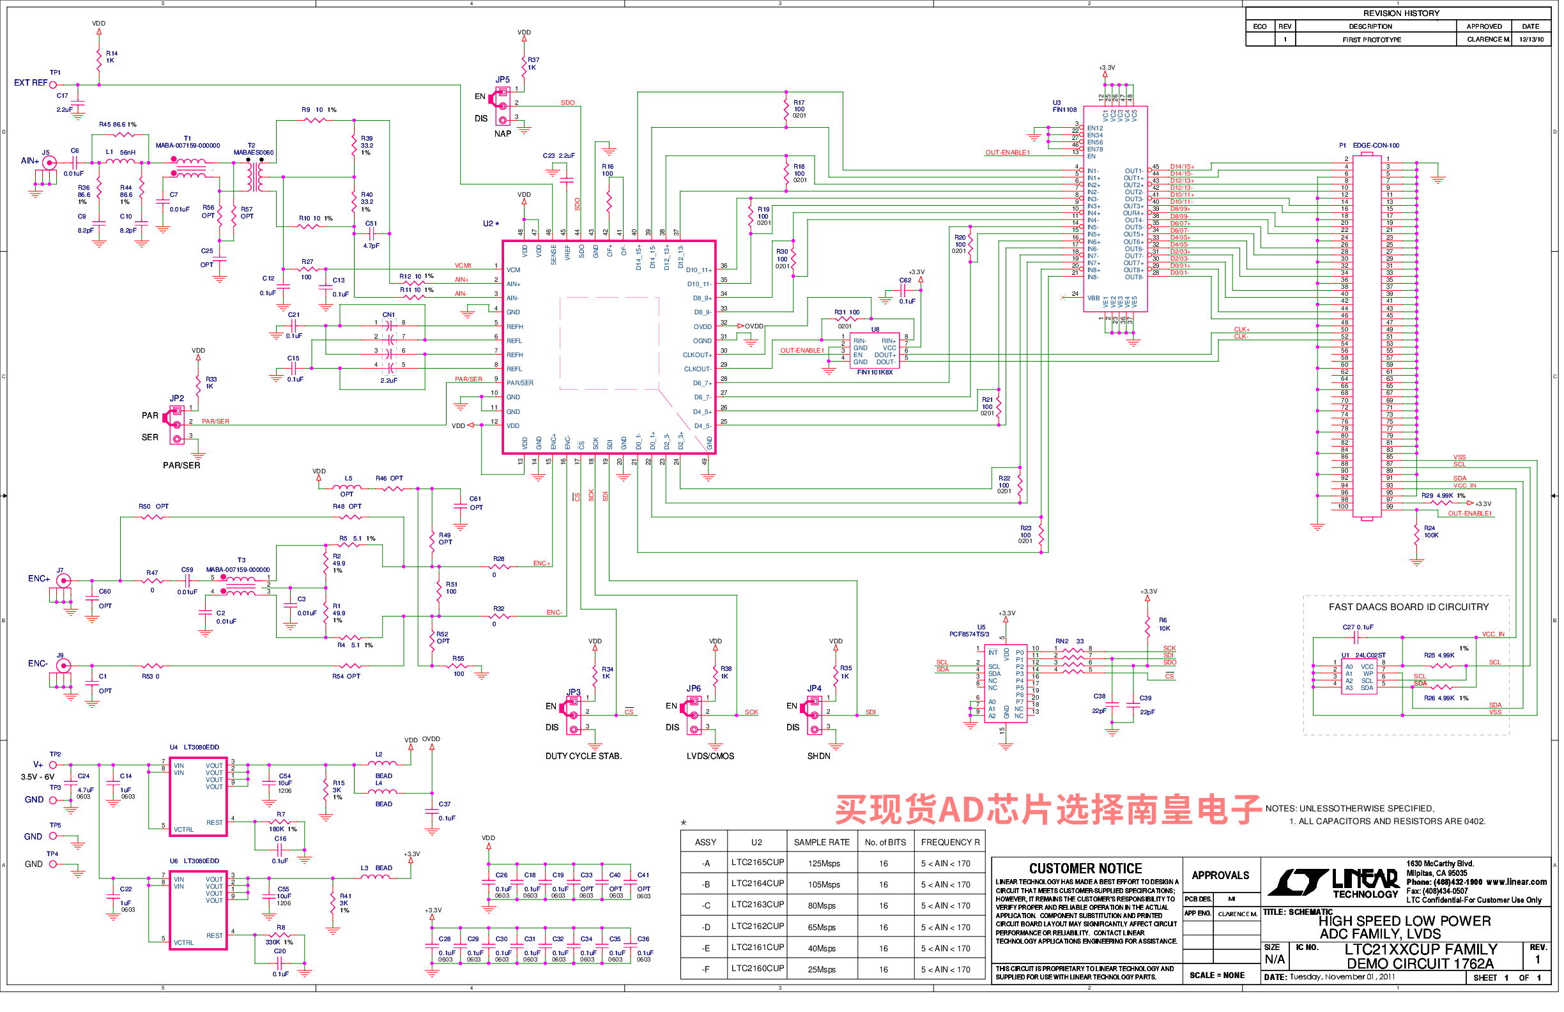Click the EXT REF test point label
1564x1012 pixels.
[x=30, y=84]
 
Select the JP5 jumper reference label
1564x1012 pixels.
[x=503, y=79]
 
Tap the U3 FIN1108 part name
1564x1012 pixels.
[x=1065, y=110]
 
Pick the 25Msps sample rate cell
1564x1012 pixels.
[x=822, y=970]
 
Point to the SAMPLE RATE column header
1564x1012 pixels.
[x=822, y=843]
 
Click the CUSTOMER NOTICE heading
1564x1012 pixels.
[x=1086, y=870]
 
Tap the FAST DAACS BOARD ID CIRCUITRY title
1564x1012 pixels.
[x=1409, y=608]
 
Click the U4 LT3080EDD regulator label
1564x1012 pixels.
[x=195, y=748]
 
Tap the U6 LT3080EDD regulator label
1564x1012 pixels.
[x=195, y=861]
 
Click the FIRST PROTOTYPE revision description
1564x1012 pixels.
[x=1373, y=40]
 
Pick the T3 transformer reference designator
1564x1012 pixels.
[x=242, y=560]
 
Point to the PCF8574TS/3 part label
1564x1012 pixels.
[x=970, y=635]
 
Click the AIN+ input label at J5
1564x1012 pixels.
[x=29, y=161]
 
